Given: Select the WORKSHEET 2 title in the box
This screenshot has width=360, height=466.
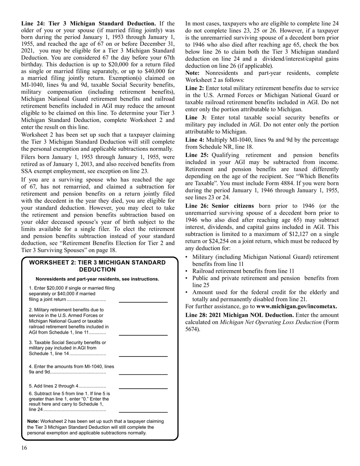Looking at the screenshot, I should point(97,266).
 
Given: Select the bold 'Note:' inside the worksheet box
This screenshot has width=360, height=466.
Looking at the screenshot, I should point(33,421).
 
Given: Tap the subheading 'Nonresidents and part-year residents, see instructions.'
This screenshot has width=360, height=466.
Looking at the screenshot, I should point(97,279).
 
